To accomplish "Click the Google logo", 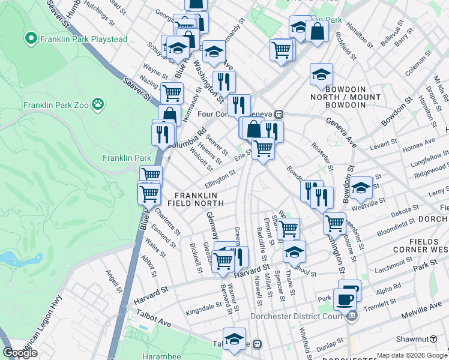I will [x=20, y=353].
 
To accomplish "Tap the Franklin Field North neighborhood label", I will [x=199, y=200].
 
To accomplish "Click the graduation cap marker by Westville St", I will [x=361, y=188].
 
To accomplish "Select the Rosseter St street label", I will [x=322, y=155].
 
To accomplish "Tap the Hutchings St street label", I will [x=100, y=15].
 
